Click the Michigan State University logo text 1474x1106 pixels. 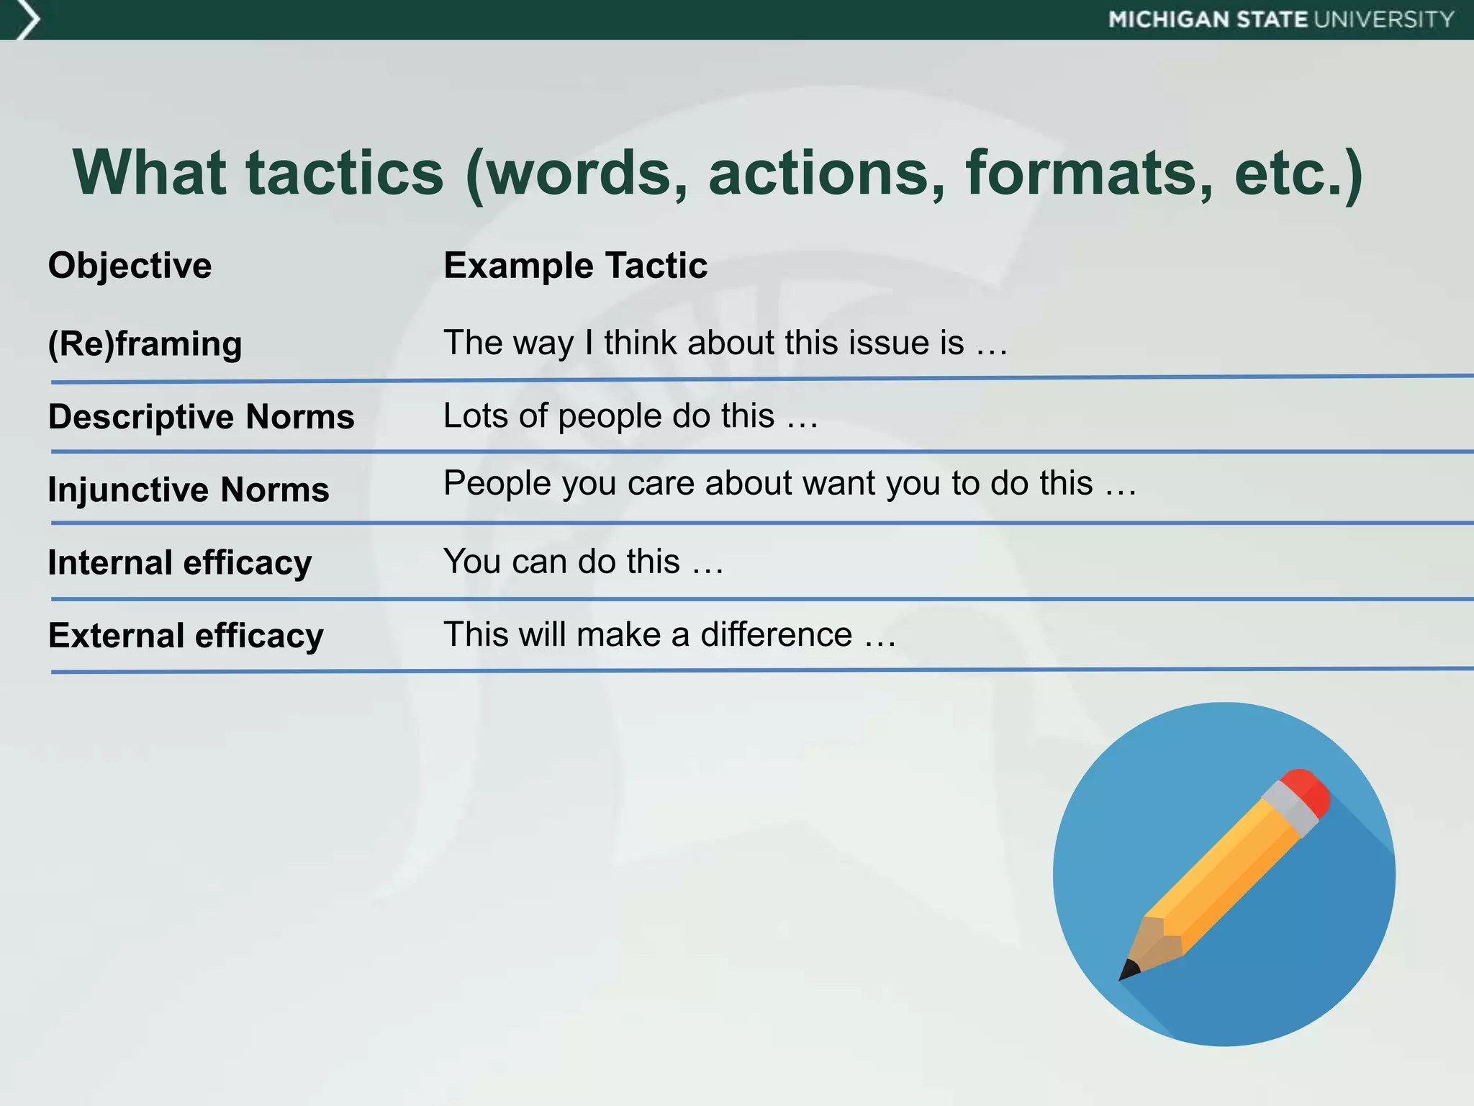click(1281, 19)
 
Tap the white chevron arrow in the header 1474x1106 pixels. click(27, 19)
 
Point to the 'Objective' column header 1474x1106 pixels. click(130, 266)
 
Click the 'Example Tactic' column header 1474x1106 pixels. click(575, 266)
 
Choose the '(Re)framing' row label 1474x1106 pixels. click(145, 343)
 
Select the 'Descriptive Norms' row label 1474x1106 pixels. click(201, 417)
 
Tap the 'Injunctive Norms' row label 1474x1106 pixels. click(189, 490)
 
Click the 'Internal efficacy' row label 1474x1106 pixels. click(180, 562)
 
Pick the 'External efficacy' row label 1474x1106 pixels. click(186, 636)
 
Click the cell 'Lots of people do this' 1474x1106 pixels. click(630, 416)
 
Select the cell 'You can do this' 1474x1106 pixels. click(583, 562)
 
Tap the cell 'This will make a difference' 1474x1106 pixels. click(669, 635)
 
